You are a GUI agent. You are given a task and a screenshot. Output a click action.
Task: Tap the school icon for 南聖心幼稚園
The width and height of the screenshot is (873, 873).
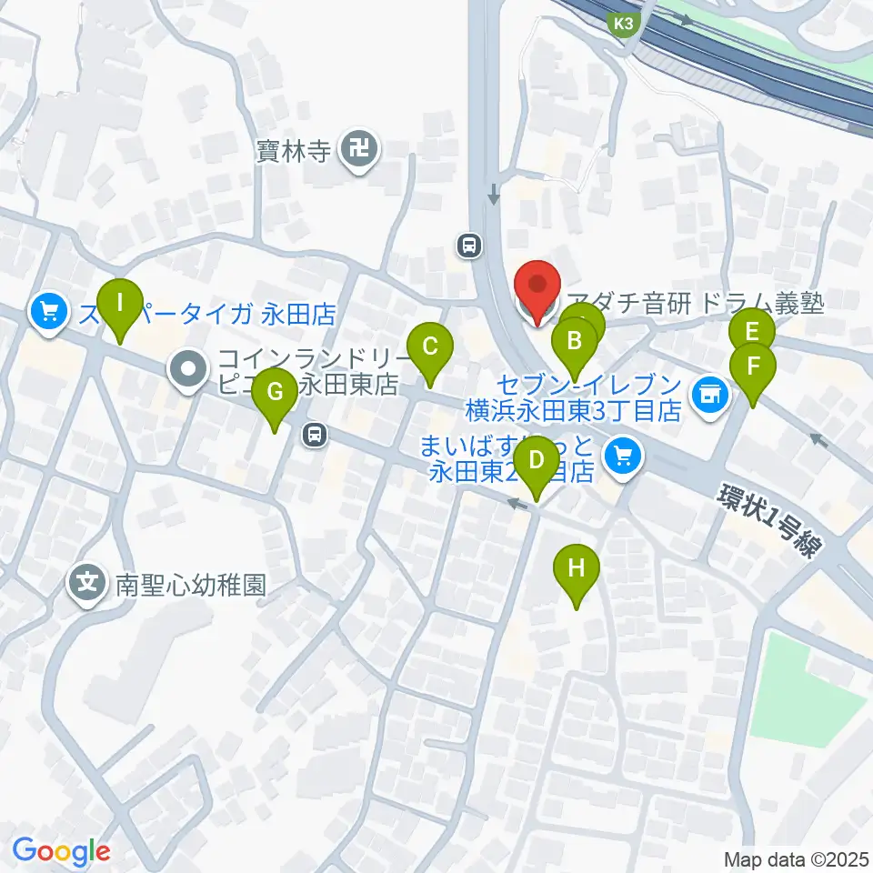pos(88,583)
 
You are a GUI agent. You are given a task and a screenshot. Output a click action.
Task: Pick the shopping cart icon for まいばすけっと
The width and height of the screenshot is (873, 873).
pos(623,453)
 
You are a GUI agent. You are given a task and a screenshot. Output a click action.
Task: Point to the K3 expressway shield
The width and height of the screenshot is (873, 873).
pos(624,25)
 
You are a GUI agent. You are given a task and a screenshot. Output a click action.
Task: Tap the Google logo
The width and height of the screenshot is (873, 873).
pos(61,851)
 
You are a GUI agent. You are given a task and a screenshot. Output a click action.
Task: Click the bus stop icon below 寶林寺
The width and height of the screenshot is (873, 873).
pos(469,245)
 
